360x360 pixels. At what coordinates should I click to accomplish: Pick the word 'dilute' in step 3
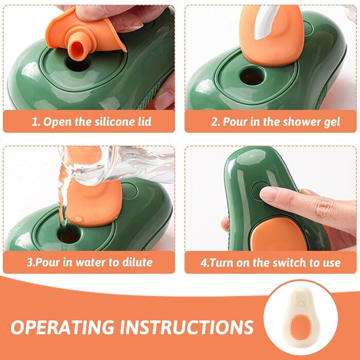137,262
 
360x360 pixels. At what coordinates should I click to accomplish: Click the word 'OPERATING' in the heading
62,327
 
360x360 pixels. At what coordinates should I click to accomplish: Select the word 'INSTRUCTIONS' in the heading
187,327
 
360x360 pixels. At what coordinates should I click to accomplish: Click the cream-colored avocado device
300,317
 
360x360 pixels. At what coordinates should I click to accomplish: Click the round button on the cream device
300,304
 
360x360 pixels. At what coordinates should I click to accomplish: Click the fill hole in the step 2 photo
253,76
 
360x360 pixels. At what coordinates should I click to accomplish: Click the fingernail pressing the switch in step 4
268,193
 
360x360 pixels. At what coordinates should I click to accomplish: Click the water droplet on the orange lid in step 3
79,219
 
